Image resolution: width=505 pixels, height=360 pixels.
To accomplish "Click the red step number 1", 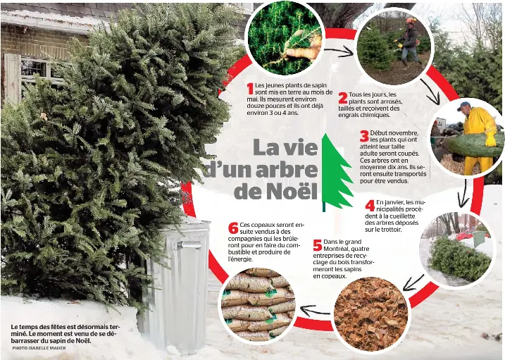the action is click(x=250, y=89).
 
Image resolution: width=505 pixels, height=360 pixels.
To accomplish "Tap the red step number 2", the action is click(x=343, y=98).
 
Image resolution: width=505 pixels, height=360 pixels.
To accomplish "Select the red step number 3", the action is click(x=364, y=136).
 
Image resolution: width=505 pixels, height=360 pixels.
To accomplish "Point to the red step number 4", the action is click(x=370, y=206).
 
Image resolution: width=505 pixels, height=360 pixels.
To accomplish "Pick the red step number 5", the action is click(x=318, y=245).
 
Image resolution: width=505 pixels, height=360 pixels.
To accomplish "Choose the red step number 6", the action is click(x=233, y=228).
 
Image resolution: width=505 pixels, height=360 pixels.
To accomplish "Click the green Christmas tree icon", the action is click(x=337, y=173).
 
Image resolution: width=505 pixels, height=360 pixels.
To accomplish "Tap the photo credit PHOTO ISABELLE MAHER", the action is click(x=39, y=348).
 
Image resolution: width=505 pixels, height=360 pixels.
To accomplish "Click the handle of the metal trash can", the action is click(x=189, y=245).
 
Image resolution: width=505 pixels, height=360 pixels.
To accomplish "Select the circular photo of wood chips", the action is click(x=371, y=314).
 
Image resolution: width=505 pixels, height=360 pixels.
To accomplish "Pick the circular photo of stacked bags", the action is click(x=258, y=304).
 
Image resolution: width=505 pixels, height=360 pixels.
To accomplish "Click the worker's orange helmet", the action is click(x=411, y=20).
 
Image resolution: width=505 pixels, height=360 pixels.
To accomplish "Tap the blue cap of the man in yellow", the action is click(x=463, y=105).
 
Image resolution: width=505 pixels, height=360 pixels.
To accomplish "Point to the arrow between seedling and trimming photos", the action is click(x=339, y=51).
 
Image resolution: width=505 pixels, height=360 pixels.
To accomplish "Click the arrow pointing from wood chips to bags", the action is click(x=315, y=311).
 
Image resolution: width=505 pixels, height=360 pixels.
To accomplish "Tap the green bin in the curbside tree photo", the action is click(x=479, y=238).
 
